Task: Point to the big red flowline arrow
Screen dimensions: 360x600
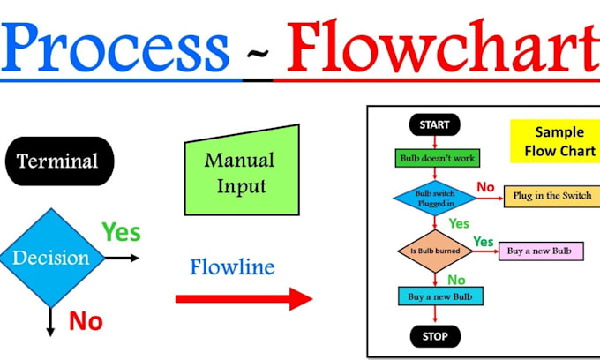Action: pos(244,299)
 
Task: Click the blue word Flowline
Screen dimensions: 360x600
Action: pos(232,266)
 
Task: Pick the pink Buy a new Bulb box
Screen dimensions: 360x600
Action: pos(540,251)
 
